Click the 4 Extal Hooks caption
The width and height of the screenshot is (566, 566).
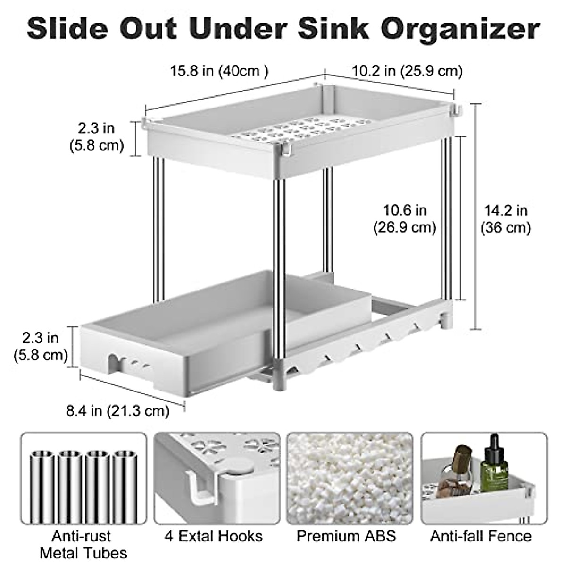click(214, 536)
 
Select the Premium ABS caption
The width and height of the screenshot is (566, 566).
click(346, 536)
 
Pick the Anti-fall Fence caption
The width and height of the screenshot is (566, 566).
click(481, 536)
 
